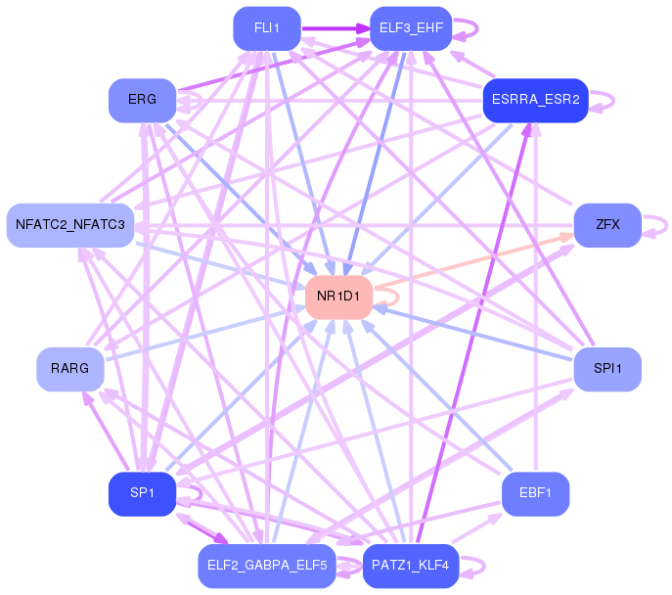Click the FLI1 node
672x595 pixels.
[x=267, y=28]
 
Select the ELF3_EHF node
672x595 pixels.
[x=411, y=28]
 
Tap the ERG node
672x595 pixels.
[x=142, y=101]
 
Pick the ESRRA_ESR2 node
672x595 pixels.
[x=536, y=101]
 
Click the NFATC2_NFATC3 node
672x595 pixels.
[x=70, y=225]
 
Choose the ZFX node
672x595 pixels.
[x=607, y=225]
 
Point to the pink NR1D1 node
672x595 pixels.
[x=339, y=297]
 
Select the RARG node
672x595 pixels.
[x=70, y=370]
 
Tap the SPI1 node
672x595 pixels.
[x=607, y=370]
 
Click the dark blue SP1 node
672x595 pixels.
[x=142, y=494]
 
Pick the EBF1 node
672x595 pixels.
[x=536, y=494]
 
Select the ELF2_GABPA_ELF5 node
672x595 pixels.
[x=267, y=567]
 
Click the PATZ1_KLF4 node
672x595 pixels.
[x=411, y=567]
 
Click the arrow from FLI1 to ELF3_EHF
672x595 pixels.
[x=336, y=28]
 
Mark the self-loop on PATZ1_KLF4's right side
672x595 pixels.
[x=484, y=567]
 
